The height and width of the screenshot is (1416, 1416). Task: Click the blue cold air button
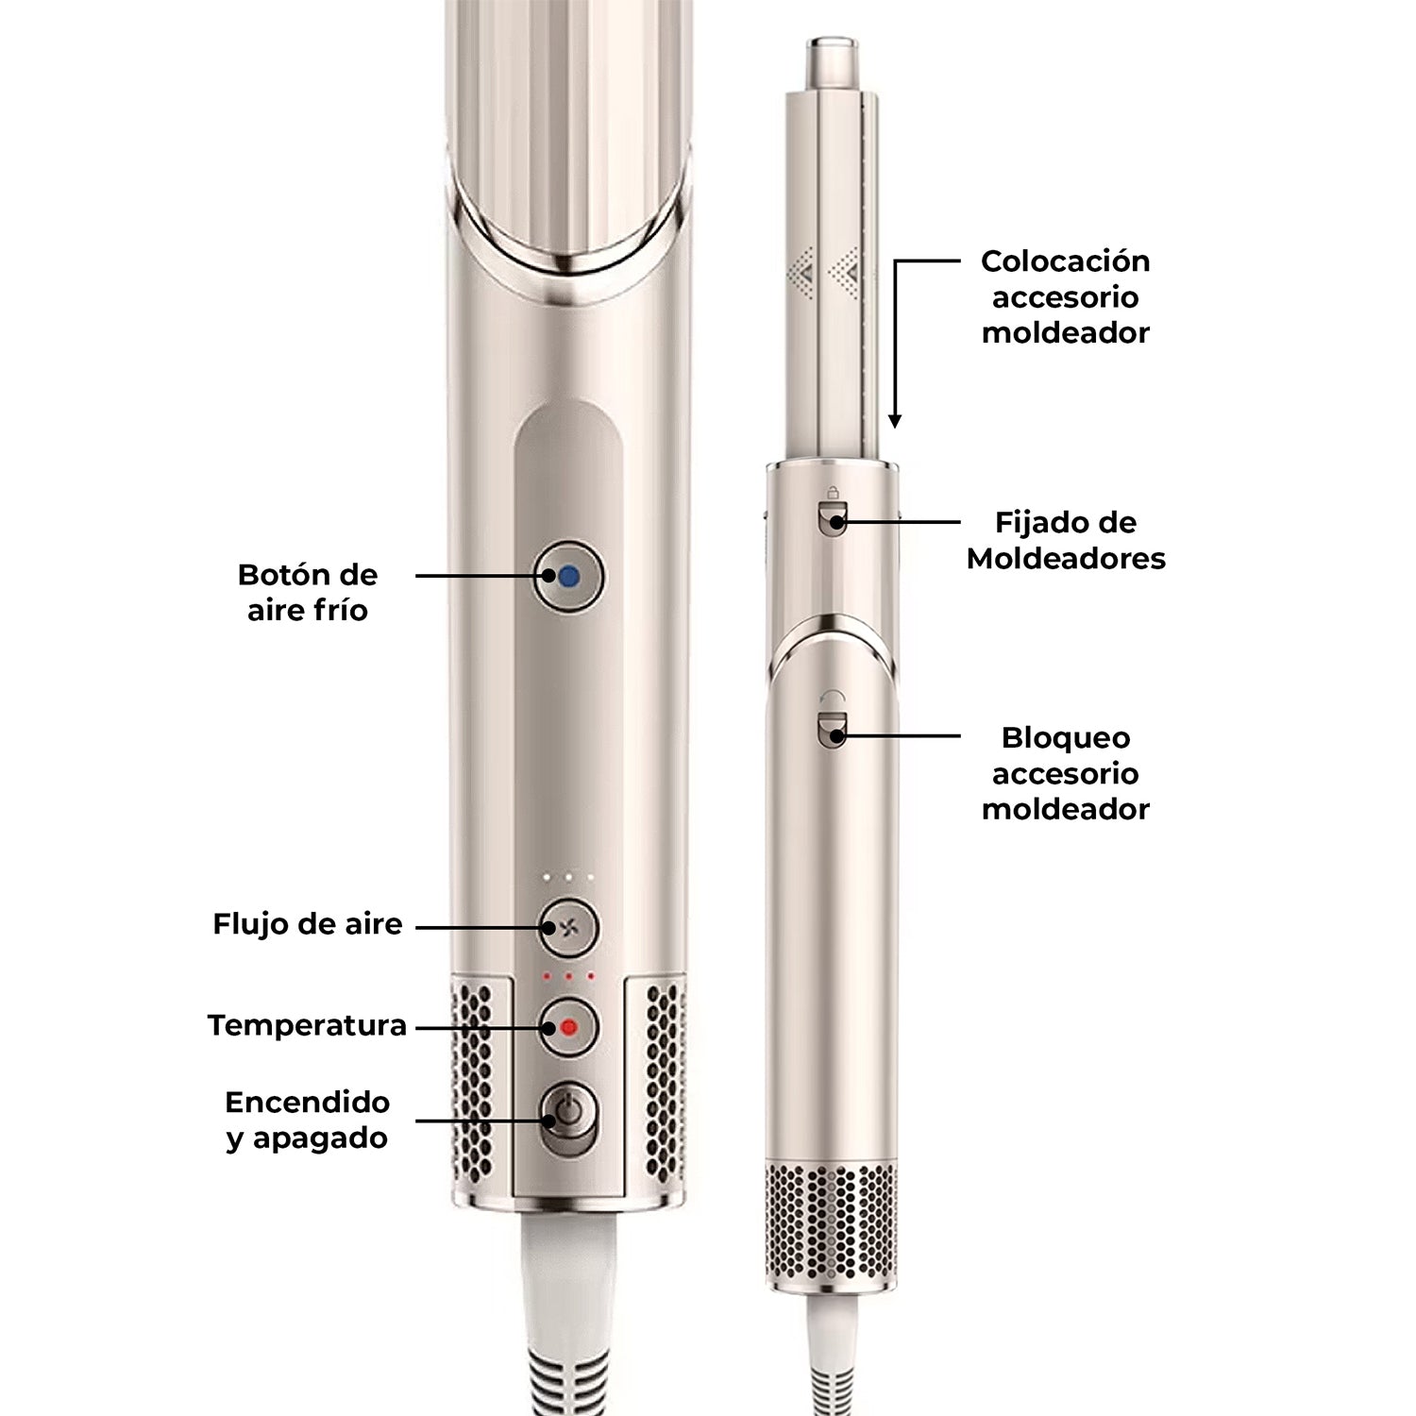tap(568, 576)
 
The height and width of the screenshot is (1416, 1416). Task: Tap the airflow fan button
tap(568, 927)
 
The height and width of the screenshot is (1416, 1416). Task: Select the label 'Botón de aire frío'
tap(307, 593)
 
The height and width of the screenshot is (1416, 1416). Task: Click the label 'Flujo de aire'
tap(307, 923)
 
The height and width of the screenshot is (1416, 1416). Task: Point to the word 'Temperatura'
tap(307, 1025)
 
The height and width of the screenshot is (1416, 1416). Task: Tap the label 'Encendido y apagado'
tap(307, 1120)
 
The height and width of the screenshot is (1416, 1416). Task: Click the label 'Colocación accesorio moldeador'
tap(1065, 296)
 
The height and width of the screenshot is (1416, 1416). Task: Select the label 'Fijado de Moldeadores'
tap(1065, 540)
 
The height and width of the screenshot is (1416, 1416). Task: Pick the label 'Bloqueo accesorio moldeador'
tap(1065, 773)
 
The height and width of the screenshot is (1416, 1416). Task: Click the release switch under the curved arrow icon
tap(833, 731)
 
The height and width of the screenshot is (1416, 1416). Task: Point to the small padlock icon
tap(833, 492)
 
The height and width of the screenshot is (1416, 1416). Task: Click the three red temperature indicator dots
tap(568, 976)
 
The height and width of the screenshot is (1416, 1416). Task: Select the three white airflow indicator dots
tap(568, 878)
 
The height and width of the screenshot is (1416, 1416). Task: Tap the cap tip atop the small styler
tap(831, 59)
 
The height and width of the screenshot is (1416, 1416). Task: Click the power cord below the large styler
tap(566, 1322)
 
